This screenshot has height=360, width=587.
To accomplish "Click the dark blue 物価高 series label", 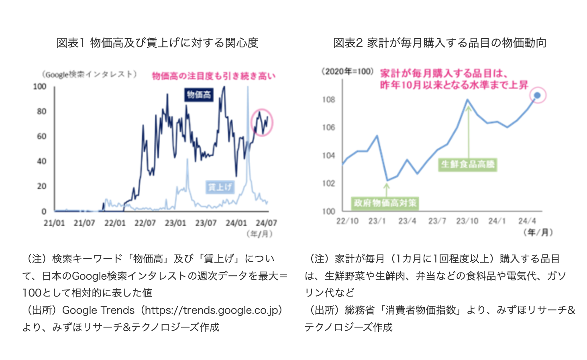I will (199, 95).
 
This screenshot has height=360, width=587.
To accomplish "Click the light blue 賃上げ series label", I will (220, 187).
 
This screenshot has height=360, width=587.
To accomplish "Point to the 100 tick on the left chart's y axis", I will (40, 86).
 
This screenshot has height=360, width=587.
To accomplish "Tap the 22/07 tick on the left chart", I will (145, 223).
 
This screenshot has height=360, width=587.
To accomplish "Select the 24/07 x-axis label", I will (267, 223).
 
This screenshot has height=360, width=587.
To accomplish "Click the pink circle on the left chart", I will (262, 122).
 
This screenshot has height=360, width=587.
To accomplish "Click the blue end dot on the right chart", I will (537, 96).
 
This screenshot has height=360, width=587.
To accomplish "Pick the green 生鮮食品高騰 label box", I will (468, 165).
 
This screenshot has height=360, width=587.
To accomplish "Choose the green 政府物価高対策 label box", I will (385, 203).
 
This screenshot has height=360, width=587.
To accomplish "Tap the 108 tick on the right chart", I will (328, 100).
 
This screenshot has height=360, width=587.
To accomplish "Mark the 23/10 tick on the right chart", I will (467, 221).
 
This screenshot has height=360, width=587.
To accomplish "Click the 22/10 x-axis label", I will (347, 221).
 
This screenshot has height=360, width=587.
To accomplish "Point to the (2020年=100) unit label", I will (348, 71).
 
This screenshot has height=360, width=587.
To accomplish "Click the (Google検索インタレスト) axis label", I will (90, 74).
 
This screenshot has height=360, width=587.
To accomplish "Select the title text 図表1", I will (70, 43).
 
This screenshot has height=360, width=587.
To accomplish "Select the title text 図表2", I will (348, 43).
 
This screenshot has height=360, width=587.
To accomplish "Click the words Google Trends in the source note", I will (98, 310).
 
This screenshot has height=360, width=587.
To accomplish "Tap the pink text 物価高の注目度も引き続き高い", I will (214, 76).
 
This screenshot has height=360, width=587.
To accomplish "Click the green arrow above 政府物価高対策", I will (387, 189).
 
